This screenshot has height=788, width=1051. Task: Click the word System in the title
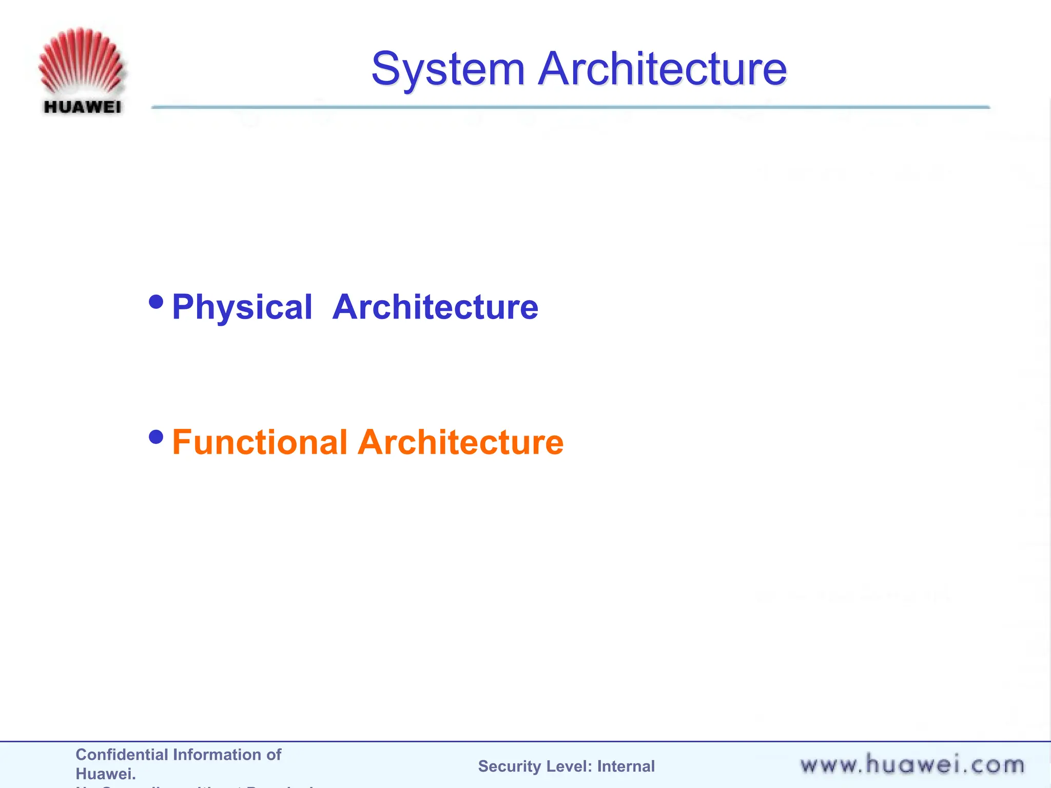coord(447,69)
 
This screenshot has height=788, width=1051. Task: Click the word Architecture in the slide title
coord(662,69)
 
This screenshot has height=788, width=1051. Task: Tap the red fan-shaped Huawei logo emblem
coord(81,62)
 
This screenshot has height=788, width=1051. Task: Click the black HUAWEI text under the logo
coord(82,107)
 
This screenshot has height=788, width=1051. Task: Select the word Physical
coord(242,308)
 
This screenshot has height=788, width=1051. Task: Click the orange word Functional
coord(260,442)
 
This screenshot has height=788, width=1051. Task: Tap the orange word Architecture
coord(460,442)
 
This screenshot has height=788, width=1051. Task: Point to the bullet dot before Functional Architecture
coord(156,437)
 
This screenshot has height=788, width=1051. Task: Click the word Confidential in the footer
coord(121,755)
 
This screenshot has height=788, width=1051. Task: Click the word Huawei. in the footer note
coord(106,774)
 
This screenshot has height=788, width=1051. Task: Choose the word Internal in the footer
coord(626,766)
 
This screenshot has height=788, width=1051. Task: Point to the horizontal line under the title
coord(570,107)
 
